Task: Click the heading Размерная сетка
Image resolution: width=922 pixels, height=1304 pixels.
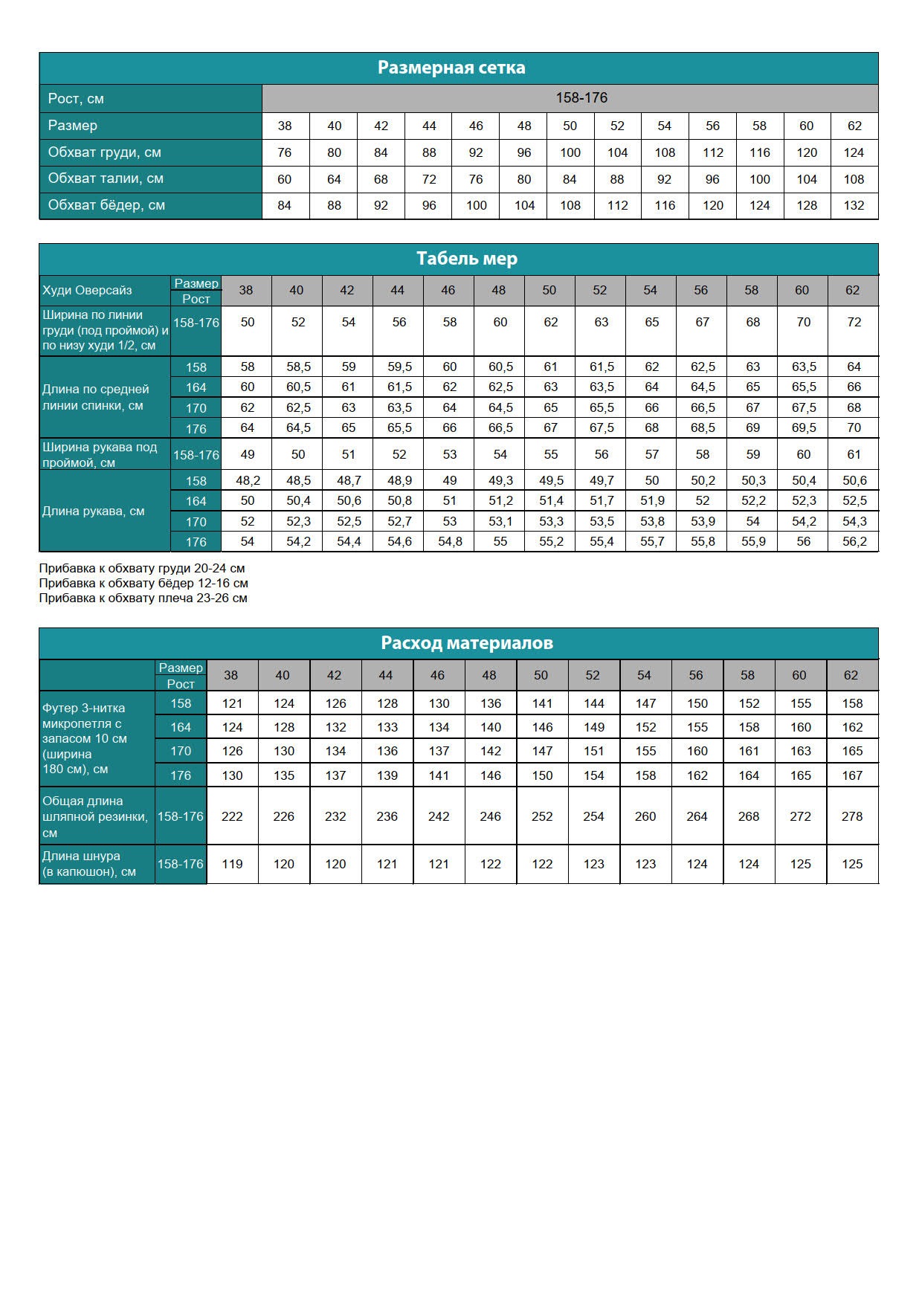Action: tap(451, 68)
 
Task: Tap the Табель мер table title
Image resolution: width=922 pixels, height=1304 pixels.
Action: tap(466, 259)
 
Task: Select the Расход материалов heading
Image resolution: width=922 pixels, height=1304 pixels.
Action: tap(466, 643)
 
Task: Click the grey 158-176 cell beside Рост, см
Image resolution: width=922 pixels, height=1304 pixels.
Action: tap(581, 98)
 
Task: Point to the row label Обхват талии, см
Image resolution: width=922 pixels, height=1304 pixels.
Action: tap(106, 178)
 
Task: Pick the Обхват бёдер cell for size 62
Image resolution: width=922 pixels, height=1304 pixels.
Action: tap(854, 205)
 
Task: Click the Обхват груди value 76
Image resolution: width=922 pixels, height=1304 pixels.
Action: tap(284, 152)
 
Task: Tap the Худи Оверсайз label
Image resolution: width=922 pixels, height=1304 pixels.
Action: tap(87, 290)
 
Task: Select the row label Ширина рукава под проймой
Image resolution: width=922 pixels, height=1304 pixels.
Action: tap(100, 454)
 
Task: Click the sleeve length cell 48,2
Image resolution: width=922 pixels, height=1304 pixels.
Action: tap(248, 480)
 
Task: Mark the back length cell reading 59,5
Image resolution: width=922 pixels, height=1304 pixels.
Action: tap(399, 367)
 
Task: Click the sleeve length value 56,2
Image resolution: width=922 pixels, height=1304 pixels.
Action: tap(854, 541)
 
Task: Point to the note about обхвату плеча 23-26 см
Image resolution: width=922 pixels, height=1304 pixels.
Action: tap(144, 598)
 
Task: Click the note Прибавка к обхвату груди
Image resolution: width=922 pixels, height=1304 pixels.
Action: tap(142, 568)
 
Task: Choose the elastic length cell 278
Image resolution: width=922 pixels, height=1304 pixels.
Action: tap(852, 816)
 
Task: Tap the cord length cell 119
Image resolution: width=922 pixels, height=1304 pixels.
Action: tap(232, 864)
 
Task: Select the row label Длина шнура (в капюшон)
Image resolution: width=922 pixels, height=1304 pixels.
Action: tap(89, 864)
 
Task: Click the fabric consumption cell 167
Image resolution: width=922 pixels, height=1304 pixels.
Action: tap(852, 775)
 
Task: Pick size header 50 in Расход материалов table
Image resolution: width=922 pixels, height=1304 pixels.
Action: tap(541, 675)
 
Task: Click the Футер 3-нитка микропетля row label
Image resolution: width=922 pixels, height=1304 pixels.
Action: tap(85, 738)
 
